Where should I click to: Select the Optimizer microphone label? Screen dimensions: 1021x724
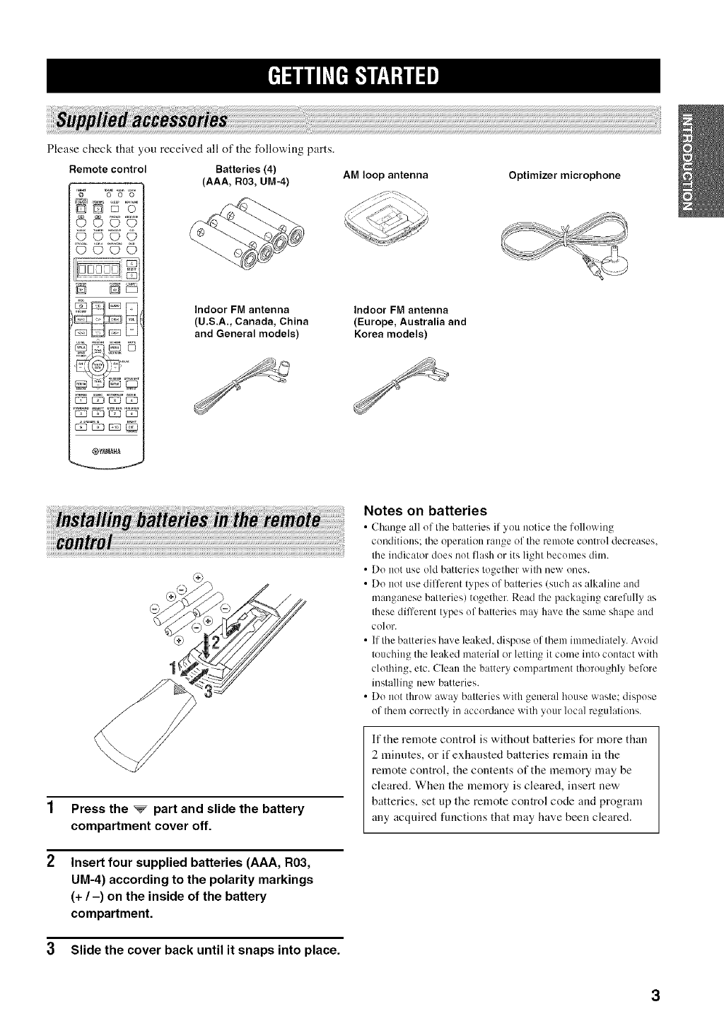pos(564,175)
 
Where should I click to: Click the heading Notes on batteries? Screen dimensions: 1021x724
pos(424,510)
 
